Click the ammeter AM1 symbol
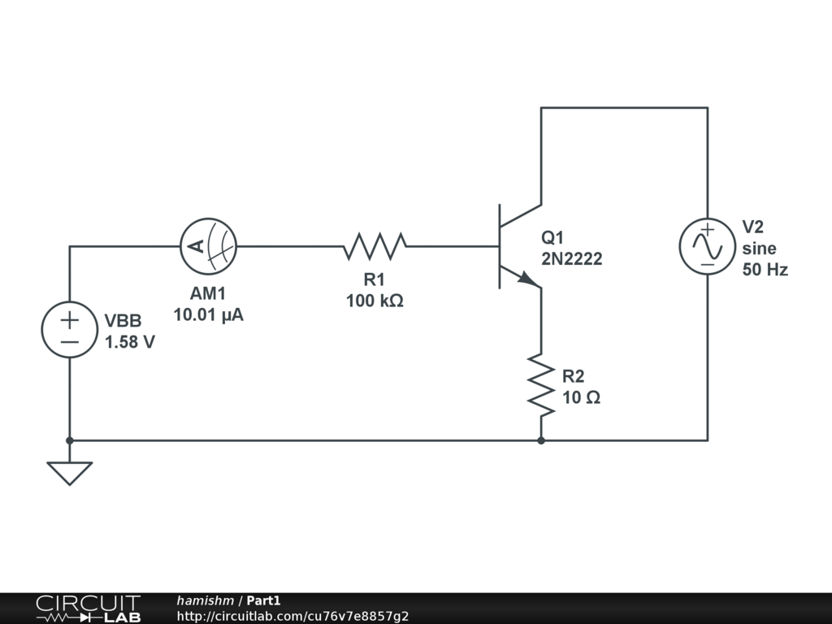(x=208, y=246)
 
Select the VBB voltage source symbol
(x=70, y=329)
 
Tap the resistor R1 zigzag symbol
(x=375, y=246)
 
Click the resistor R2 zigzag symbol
(x=541, y=384)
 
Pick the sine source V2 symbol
(x=707, y=246)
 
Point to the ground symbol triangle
(x=70, y=472)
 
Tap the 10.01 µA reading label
(x=208, y=314)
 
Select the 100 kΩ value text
(x=375, y=301)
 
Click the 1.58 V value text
(x=130, y=342)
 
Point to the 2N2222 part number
(x=572, y=260)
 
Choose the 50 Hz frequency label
(x=765, y=270)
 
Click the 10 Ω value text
(x=582, y=398)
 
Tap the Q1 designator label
(x=552, y=238)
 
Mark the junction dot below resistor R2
(x=541, y=440)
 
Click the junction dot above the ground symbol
(x=70, y=440)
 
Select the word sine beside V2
(x=759, y=249)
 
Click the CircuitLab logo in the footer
(x=88, y=609)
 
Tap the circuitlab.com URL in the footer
(x=292, y=616)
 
